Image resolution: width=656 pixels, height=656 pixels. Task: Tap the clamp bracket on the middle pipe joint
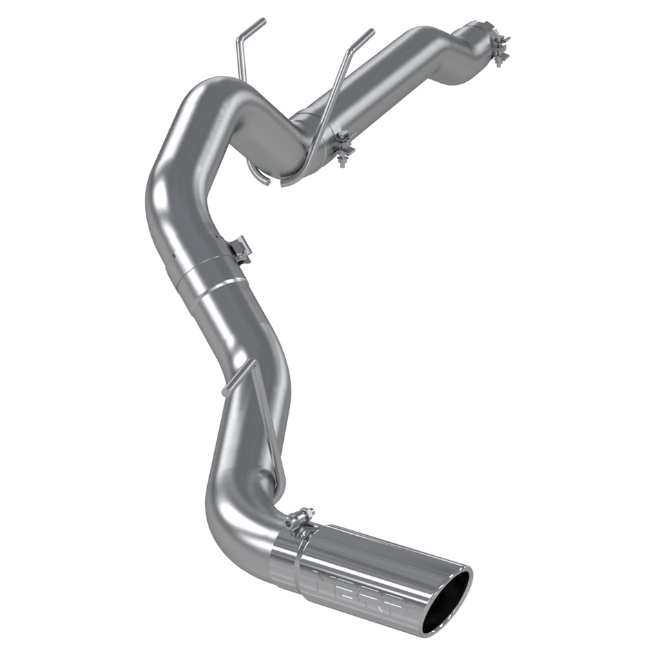(240, 249)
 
